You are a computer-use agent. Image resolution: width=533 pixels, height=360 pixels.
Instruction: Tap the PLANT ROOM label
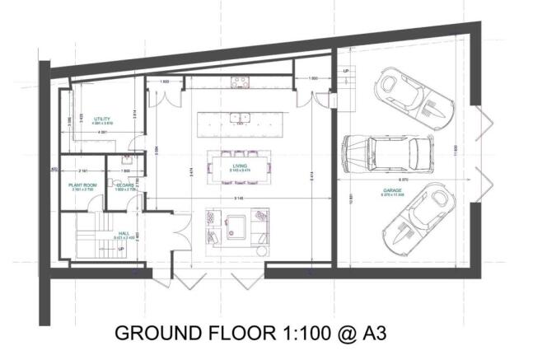click(x=83, y=185)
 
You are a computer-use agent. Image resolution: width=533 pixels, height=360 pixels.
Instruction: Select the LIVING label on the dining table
click(x=240, y=166)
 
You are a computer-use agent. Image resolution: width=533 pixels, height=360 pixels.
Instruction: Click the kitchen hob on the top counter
click(x=241, y=82)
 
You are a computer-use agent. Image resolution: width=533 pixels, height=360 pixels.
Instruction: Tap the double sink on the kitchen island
click(x=239, y=117)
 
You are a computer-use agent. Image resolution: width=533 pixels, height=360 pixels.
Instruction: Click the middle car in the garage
click(x=387, y=151)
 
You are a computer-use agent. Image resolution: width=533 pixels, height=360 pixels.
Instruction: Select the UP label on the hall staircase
click(x=121, y=248)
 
